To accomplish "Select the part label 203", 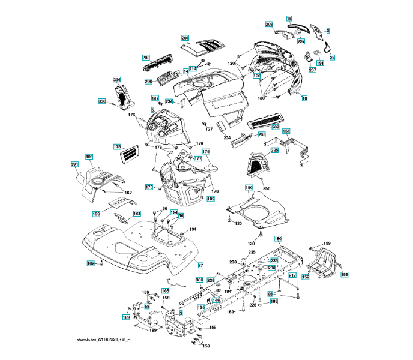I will coord(146,58).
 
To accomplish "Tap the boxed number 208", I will coord(270,24).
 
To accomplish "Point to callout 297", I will coord(301,41).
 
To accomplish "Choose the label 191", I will coord(320,62).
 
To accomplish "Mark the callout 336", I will coord(116,80).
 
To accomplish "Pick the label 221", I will coord(75,164).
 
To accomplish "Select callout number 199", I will coord(96,214).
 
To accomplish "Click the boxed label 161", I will coord(137,214).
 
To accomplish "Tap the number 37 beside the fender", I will coord(201,265).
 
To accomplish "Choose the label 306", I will coord(199,280).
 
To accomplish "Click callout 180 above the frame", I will coord(278,238).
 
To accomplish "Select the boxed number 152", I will coord(305,277).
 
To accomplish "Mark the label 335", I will coord(274,150).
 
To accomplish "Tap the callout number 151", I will coord(286,131).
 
